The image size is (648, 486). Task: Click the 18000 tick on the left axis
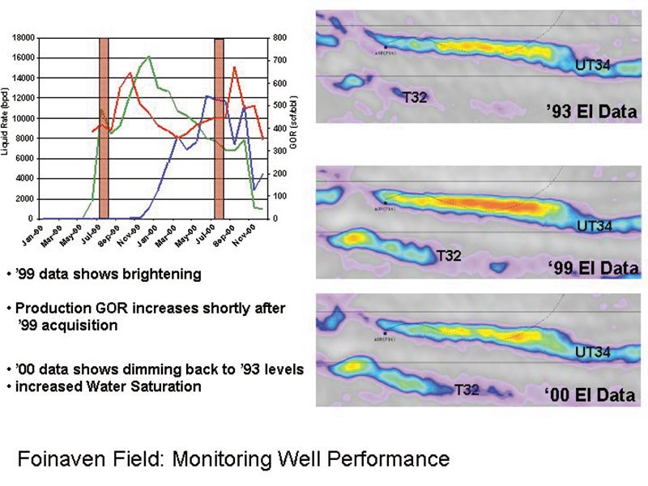(23, 37)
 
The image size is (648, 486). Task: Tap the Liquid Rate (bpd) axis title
(6, 122)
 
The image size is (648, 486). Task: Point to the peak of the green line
(149, 57)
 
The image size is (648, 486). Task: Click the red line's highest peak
(235, 67)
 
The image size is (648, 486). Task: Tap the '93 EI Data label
(593, 112)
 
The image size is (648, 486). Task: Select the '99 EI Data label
(593, 267)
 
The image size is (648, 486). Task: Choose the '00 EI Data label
(590, 395)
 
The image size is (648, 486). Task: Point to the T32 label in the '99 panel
(449, 256)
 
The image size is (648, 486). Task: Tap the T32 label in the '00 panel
(467, 390)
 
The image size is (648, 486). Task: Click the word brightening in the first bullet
(159, 274)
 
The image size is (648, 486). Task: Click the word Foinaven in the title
(56, 459)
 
